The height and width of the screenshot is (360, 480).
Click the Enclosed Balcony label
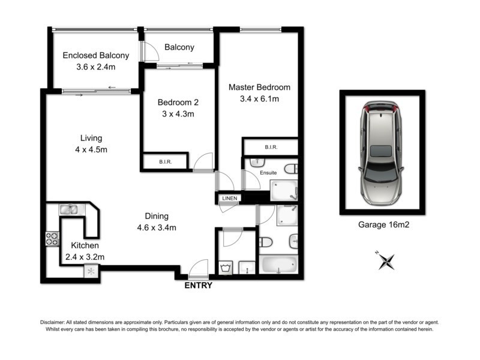(96, 56)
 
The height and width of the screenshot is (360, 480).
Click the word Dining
(157, 216)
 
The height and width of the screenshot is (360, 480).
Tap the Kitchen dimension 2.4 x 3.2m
(85, 257)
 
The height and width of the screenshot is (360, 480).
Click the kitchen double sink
(68, 209)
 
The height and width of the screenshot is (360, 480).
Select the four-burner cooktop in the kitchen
(52, 238)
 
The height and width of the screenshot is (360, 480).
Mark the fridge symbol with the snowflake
(91, 271)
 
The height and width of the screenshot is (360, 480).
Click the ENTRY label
(197, 286)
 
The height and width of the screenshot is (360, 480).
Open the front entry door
(198, 269)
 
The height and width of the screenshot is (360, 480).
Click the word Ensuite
(268, 173)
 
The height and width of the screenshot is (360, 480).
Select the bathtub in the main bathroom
(278, 264)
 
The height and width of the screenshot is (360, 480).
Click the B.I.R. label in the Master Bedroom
(269, 146)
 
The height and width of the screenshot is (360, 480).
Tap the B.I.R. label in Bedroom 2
(166, 161)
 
